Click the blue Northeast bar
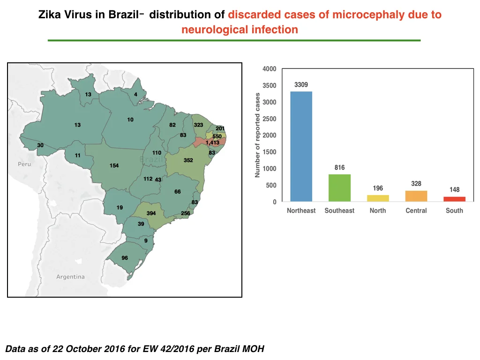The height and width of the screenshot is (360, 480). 301,146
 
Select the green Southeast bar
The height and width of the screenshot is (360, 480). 339,188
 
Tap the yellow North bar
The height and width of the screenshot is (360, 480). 378,198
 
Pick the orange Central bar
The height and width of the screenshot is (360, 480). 416,196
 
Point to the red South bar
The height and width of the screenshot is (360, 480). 454,199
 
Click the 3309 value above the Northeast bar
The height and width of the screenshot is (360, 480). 301,84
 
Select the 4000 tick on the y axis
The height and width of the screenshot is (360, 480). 270,69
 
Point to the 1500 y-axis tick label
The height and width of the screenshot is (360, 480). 270,152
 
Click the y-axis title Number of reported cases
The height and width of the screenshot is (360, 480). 257,135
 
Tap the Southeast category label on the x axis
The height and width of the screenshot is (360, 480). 339,210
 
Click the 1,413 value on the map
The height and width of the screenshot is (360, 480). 212,142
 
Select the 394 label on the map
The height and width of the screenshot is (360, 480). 151,213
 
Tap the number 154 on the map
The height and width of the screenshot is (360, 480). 114,165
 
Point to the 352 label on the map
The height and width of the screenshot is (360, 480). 188,160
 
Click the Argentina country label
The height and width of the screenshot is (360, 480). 70,277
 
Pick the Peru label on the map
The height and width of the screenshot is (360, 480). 24,164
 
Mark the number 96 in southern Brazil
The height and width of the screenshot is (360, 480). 125,258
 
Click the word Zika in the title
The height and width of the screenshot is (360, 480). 49,15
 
